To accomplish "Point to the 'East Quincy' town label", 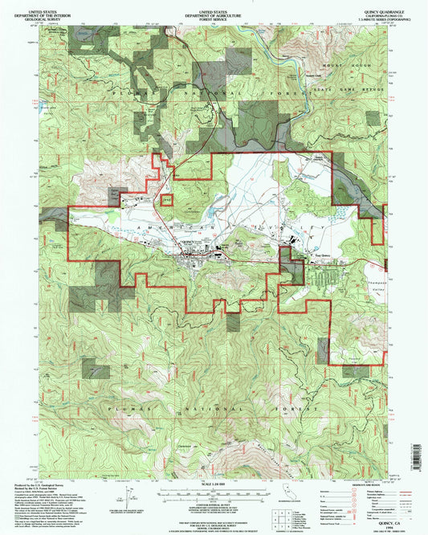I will [x=321, y=258].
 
